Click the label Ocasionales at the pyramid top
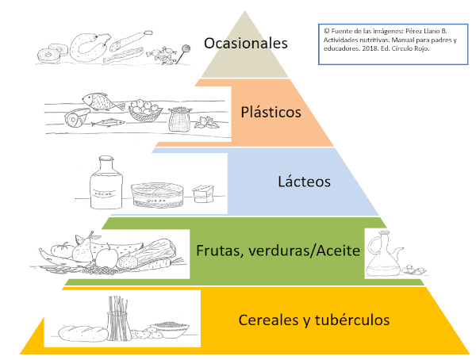(x=245, y=43)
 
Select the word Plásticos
(x=271, y=112)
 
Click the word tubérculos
(x=350, y=320)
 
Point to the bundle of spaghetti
(x=118, y=316)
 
